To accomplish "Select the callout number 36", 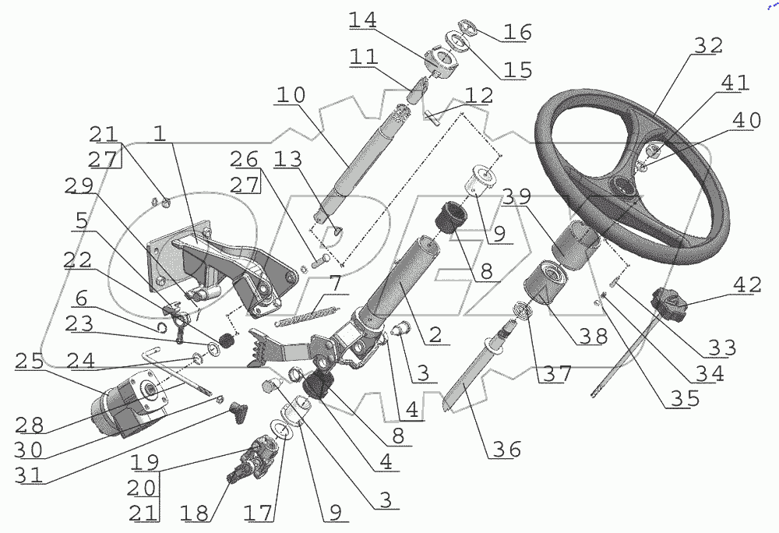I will point(504,450).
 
